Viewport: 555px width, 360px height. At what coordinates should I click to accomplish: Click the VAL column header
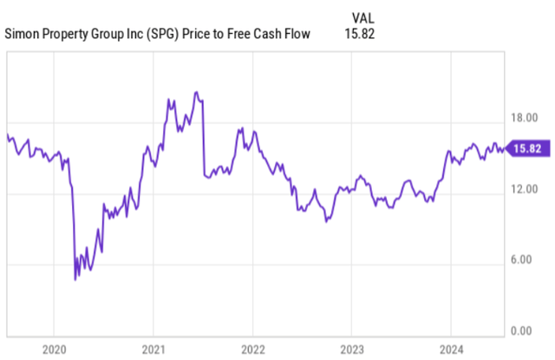tap(364, 17)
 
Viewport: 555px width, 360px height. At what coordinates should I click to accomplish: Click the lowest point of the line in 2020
tap(75, 279)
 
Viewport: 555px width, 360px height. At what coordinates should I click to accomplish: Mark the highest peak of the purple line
tap(197, 92)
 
